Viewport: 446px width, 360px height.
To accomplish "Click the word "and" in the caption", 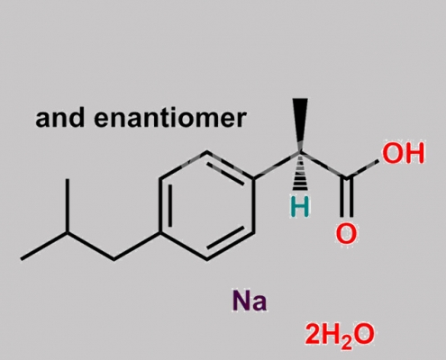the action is tap(59, 118).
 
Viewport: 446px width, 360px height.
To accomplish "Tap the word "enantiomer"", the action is tap(170, 118).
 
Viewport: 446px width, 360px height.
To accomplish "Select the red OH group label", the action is tap(404, 153).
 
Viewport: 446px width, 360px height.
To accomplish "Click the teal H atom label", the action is tap(300, 207).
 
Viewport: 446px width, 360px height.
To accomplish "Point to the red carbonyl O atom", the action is tap(346, 233).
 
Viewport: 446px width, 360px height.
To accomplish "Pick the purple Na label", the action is tap(250, 301).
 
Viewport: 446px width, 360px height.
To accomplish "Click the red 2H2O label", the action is tap(340, 335).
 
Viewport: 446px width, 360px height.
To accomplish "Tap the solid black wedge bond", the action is tap(300, 124).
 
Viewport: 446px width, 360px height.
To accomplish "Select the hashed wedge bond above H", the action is tap(300, 172).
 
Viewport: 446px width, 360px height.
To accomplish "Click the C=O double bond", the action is tap(347, 198).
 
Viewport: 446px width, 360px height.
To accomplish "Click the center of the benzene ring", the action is tap(207, 206).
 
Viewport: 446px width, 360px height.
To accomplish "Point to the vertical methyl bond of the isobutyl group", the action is tap(68, 206).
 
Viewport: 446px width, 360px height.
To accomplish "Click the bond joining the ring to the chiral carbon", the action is tap(277, 166).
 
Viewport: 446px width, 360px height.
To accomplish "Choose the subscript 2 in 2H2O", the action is tap(347, 344).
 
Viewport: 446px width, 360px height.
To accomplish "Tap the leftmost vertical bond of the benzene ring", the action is tap(161, 206).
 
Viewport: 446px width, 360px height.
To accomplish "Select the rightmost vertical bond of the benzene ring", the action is tap(253, 206).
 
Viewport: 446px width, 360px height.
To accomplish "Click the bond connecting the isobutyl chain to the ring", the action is tap(138, 246).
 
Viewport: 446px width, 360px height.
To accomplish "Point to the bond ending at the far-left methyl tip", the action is tap(44, 246).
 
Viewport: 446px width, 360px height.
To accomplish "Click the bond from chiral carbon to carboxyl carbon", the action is tap(323, 166).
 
